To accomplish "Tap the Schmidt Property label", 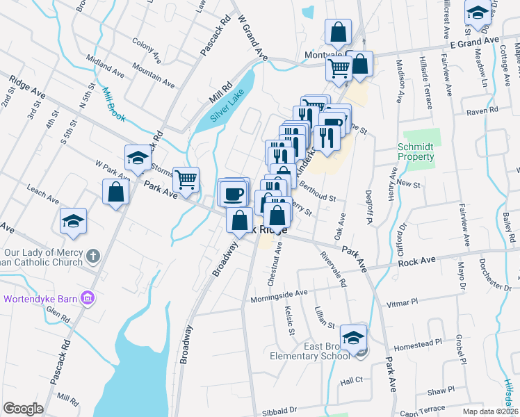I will pyautogui.click(x=416, y=152).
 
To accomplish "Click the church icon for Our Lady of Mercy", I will pyautogui.click(x=95, y=256).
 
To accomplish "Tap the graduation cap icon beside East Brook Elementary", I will pyautogui.click(x=354, y=337).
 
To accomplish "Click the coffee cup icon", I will pyautogui.click(x=234, y=193).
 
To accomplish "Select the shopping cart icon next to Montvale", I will pyautogui.click(x=339, y=69).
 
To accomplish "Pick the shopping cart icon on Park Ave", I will pyautogui.click(x=186, y=180).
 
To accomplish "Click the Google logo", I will pyautogui.click(x=23, y=409).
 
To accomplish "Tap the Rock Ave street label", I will pyautogui.click(x=416, y=259).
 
